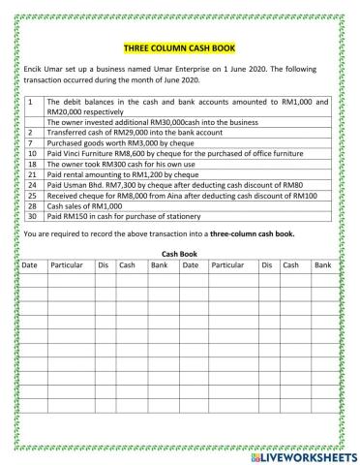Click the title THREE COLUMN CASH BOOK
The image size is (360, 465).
click(179, 47)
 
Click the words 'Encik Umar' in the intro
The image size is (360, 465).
click(41, 71)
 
